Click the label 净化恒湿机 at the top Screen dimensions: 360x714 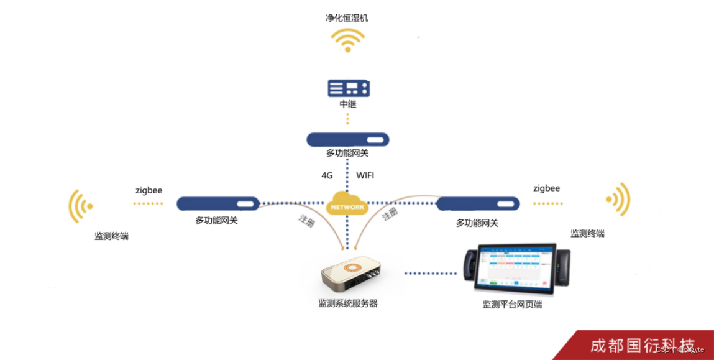coord(347,18)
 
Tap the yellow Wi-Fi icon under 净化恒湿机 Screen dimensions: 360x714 coord(347,40)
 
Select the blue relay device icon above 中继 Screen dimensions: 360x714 coord(348,88)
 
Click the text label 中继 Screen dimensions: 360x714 coord(348,104)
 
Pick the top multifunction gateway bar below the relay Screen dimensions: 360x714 coord(347,139)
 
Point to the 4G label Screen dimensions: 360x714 coord(327,175)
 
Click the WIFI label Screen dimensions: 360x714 coord(365,175)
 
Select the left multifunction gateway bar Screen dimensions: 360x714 coord(217,203)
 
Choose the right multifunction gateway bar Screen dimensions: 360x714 coord(478,203)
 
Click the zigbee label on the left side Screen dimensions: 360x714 coord(149,190)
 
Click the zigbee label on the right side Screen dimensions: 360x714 coord(546,188)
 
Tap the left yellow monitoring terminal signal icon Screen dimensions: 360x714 coord(81,206)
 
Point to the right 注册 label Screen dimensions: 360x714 coord(390,215)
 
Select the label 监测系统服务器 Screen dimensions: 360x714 coord(348,303)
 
